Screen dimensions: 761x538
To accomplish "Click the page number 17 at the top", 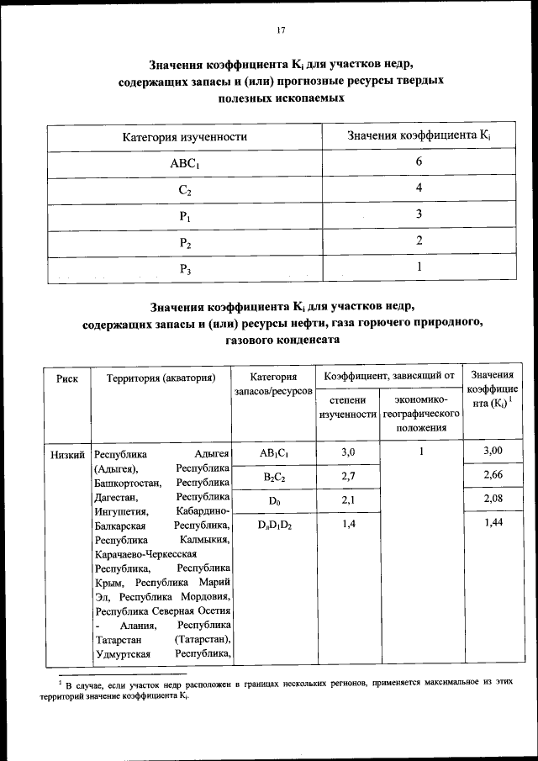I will [282, 31].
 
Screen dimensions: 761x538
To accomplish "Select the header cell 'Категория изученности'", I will [185, 137].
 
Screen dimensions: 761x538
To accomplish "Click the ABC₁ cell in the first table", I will [184, 163].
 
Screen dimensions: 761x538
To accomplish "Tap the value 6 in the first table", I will [419, 162].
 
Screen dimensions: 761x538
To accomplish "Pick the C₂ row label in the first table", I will [185, 190].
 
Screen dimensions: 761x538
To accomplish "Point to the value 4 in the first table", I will [419, 189].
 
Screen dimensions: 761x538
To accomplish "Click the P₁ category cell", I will [185, 216].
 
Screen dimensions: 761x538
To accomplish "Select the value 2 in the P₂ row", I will [419, 242].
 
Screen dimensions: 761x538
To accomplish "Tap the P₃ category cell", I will [185, 269].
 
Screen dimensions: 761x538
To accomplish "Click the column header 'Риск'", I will [67, 378].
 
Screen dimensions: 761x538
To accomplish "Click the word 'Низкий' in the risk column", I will [67, 454].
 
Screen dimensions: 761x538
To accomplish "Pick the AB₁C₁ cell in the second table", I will [274, 453].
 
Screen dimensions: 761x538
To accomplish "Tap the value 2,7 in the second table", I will [347, 477].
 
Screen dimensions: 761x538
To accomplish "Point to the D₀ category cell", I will [274, 500].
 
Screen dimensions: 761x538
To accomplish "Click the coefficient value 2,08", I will [493, 500].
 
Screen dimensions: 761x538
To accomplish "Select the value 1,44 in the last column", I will [493, 524].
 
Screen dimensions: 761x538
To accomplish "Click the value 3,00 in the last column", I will [493, 453].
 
